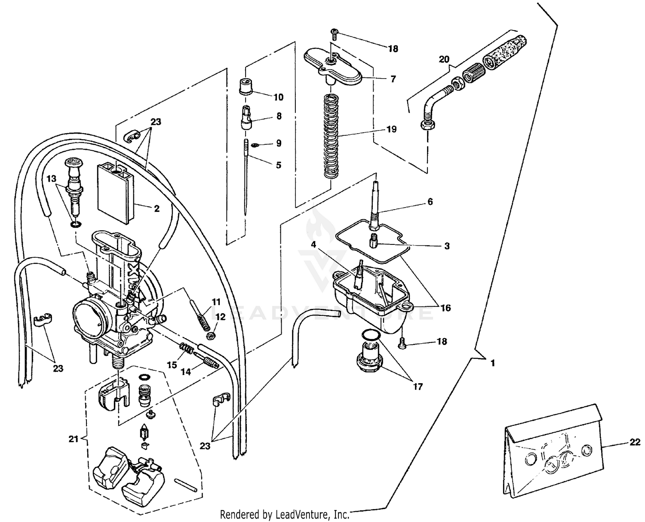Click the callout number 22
tap(635, 442)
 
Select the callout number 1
tap(493, 363)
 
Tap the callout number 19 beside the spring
tap(391, 129)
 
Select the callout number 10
tap(279, 97)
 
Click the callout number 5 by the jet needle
tap(279, 165)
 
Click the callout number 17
tap(418, 386)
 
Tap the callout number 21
tap(74, 439)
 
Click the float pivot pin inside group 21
tap(186, 484)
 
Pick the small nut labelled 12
tap(211, 335)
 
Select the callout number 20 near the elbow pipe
tap(444, 59)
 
